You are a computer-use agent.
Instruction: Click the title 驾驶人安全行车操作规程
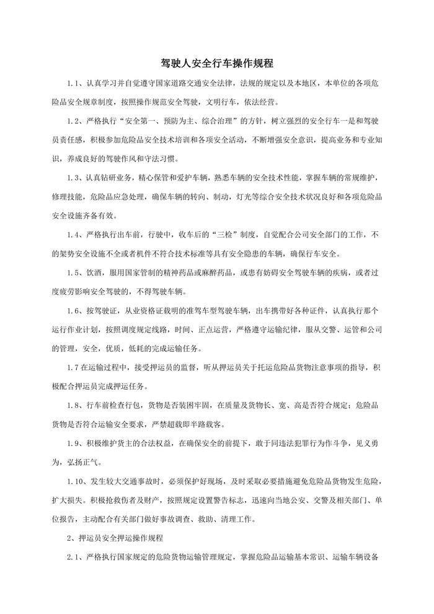pos(216,63)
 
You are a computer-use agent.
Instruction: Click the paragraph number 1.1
pos(74,83)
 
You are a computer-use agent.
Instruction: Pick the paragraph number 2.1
pos(74,557)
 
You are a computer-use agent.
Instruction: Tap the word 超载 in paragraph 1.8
pos(181,425)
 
